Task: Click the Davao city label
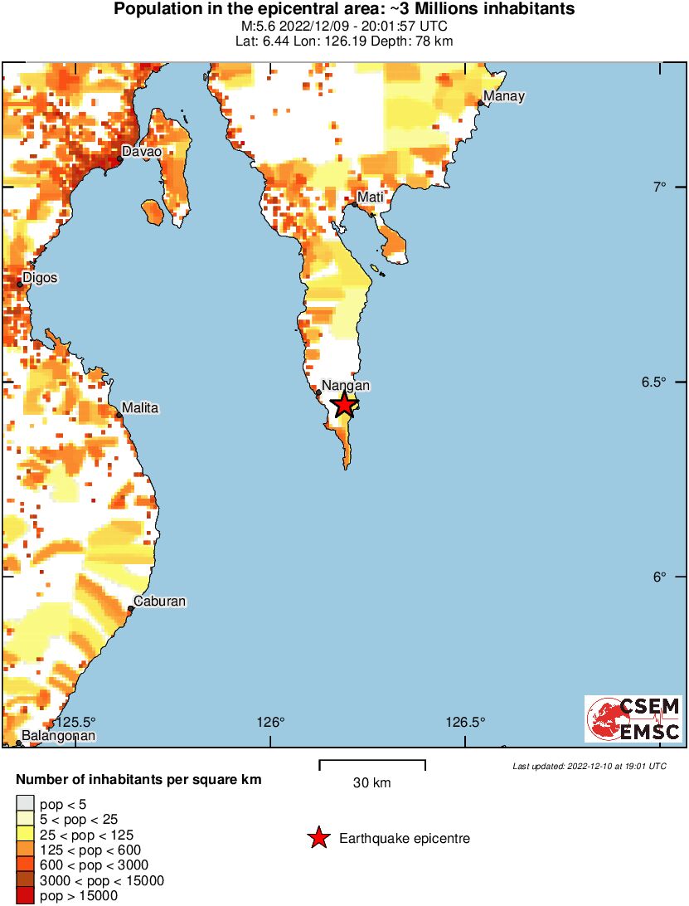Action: pyautogui.click(x=141, y=152)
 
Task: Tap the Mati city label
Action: pyautogui.click(x=369, y=197)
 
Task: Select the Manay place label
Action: pyautogui.click(x=503, y=96)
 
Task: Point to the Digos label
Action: pyautogui.click(x=40, y=277)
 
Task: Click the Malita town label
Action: pyautogui.click(x=139, y=408)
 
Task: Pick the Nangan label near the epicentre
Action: pyautogui.click(x=345, y=385)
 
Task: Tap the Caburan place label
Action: pyautogui.click(x=161, y=602)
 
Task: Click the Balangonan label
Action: pyautogui.click(x=58, y=735)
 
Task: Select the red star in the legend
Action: pyautogui.click(x=318, y=839)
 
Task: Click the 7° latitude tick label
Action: pyautogui.click(x=660, y=188)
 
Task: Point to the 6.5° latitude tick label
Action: pyautogui.click(x=655, y=382)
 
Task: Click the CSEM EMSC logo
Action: pyautogui.click(x=633, y=718)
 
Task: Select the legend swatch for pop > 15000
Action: pyautogui.click(x=25, y=896)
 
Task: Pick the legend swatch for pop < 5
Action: pyautogui.click(x=25, y=803)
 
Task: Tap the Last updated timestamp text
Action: pyautogui.click(x=589, y=766)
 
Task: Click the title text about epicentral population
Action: pyautogui.click(x=344, y=10)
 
